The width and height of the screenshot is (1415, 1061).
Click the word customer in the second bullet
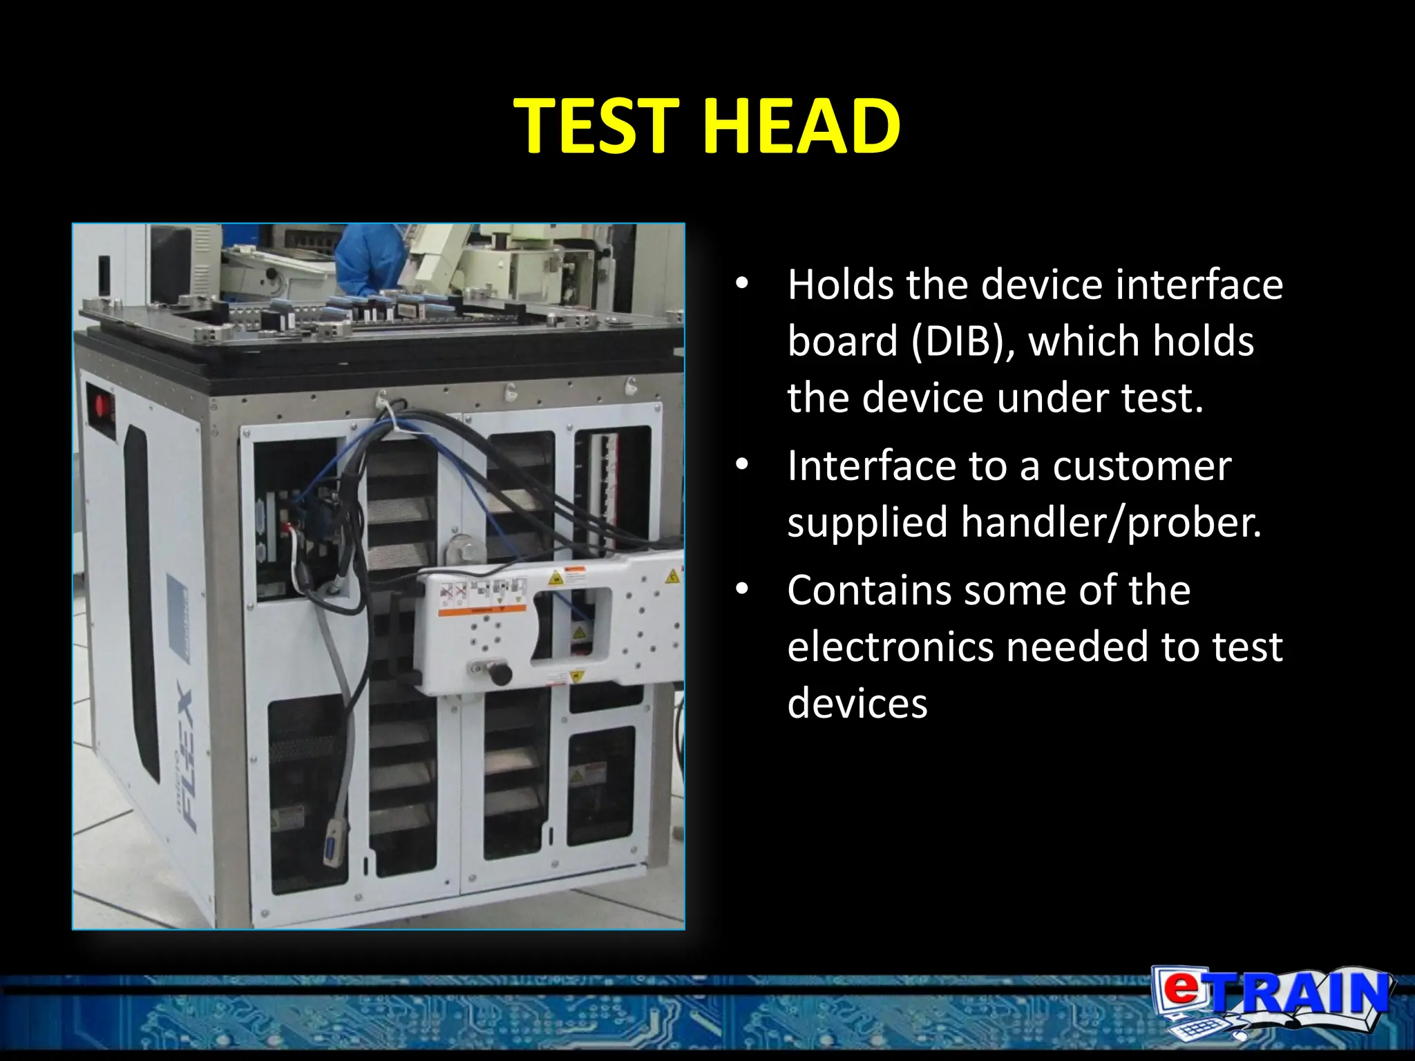tap(1141, 466)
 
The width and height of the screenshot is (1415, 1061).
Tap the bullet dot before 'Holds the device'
tap(742, 284)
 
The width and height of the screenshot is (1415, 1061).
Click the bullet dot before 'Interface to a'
tap(742, 465)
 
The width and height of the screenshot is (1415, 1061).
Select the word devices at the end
tap(857, 704)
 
